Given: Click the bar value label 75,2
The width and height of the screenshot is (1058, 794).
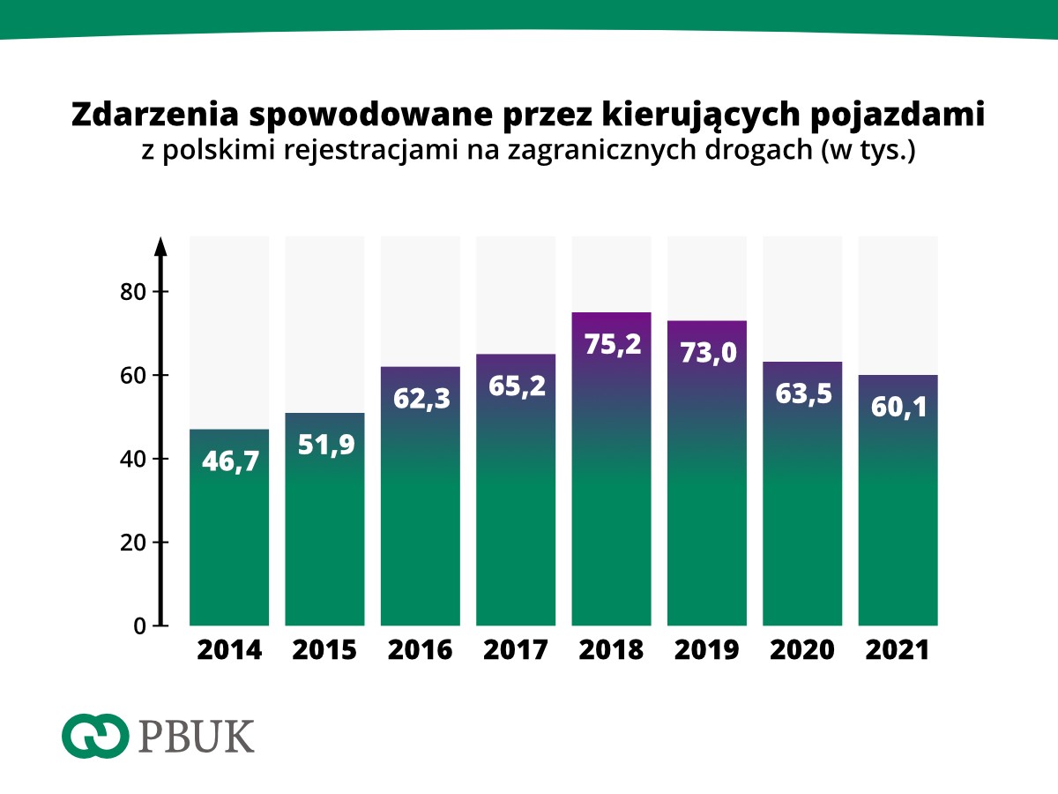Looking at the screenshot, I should (611, 343).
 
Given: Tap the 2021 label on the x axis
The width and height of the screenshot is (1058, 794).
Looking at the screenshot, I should (898, 650).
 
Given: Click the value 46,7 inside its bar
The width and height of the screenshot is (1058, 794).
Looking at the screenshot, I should (229, 461).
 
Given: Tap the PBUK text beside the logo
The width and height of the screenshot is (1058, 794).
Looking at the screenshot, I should (197, 737).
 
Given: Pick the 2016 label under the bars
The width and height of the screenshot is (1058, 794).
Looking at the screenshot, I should (421, 650).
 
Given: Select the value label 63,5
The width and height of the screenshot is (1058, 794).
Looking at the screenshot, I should (802, 393).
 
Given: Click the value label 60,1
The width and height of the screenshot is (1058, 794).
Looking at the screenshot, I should (898, 407).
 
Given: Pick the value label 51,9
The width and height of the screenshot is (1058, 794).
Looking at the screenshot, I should (324, 445).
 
